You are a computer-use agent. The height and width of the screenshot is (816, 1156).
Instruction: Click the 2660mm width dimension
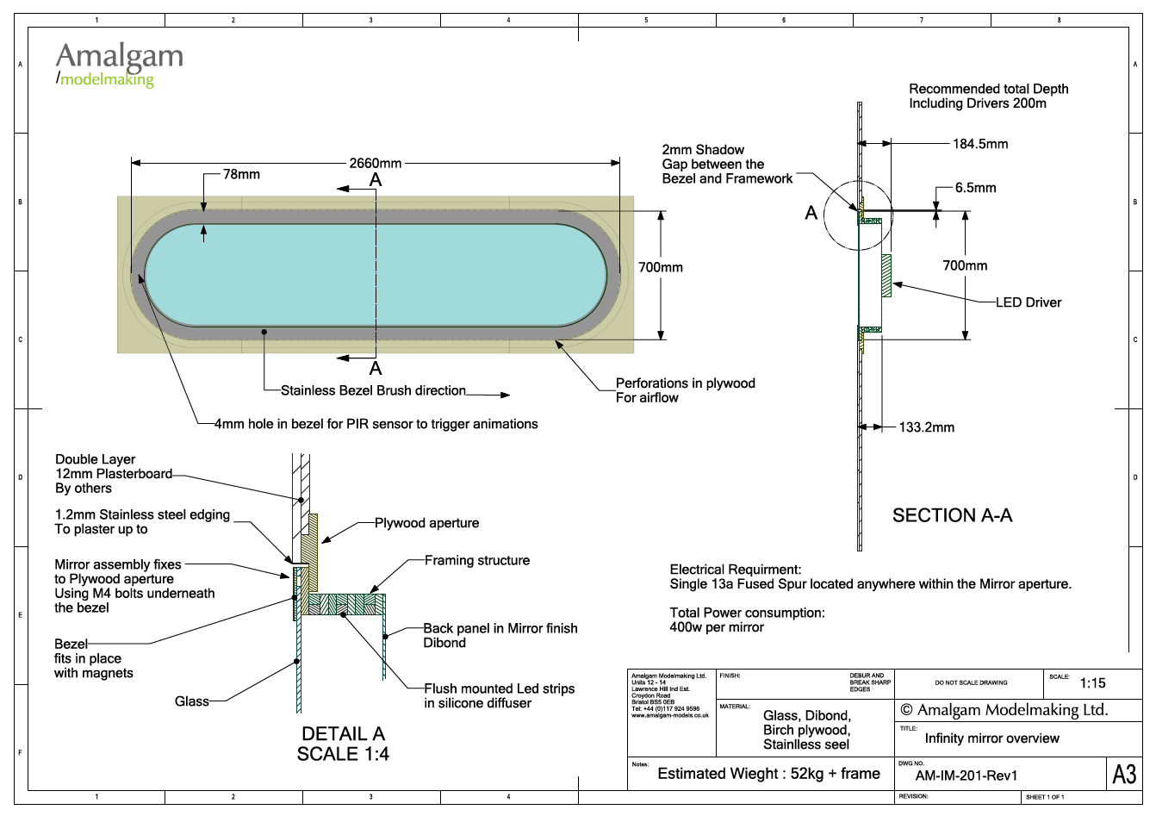(375, 163)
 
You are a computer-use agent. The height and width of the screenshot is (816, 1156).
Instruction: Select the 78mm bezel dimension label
(241, 174)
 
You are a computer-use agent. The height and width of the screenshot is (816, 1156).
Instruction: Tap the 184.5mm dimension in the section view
(979, 144)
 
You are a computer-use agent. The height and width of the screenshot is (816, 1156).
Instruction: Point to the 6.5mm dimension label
(975, 188)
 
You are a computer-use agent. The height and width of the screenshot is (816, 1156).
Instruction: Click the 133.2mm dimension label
(926, 427)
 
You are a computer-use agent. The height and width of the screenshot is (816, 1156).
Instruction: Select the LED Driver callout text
(1028, 302)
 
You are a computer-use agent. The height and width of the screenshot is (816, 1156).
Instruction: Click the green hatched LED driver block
(886, 276)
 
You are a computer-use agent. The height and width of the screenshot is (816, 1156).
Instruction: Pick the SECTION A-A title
(952, 515)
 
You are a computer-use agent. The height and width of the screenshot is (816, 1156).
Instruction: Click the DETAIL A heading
(343, 734)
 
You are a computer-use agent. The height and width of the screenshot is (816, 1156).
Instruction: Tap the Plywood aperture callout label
(426, 523)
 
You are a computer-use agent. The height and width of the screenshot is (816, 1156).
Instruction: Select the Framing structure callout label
(476, 560)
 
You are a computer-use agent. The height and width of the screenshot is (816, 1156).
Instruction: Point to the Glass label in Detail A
(191, 701)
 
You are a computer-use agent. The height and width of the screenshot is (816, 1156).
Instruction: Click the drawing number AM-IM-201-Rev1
(966, 776)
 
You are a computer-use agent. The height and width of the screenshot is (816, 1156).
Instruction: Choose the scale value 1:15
(1092, 683)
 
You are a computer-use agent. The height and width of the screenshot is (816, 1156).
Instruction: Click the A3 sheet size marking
(1124, 775)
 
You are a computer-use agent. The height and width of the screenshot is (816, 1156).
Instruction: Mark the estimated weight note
(768, 774)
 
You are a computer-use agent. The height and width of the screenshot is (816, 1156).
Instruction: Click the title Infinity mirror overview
(991, 738)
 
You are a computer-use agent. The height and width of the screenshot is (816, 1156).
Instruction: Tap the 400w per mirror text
(717, 627)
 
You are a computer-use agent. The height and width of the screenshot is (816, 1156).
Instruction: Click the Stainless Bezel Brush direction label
(373, 390)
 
